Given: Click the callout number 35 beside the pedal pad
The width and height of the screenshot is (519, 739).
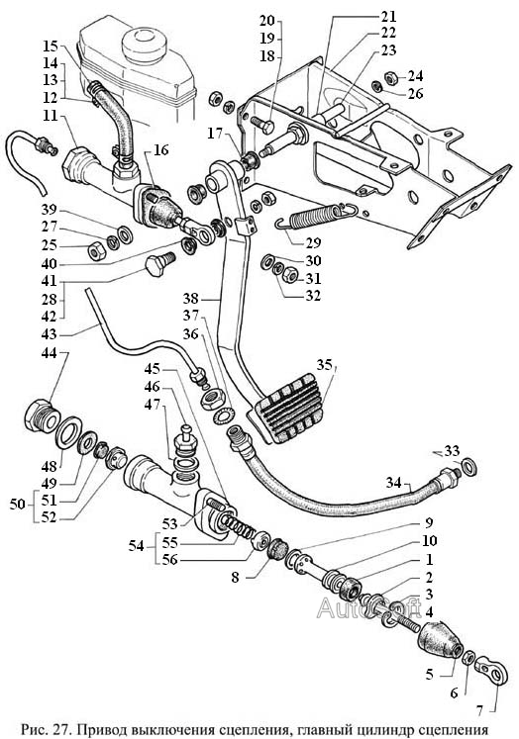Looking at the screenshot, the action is (325, 364).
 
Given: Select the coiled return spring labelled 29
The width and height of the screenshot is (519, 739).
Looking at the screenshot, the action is (317, 216).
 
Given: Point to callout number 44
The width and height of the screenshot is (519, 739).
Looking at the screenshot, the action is (51, 352).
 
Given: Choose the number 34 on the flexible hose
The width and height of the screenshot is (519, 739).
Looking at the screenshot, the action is (393, 483).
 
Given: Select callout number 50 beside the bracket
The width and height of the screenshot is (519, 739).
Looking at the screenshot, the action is (18, 504).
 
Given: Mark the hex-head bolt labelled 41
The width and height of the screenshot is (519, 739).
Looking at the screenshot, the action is (157, 264).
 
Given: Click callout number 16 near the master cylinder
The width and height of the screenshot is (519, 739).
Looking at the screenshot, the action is (160, 149).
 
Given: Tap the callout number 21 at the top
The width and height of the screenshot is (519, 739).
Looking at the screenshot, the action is (388, 17).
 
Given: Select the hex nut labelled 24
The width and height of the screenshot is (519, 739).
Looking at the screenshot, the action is (391, 77).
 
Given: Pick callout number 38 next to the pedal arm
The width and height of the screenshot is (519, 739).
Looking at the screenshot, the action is (191, 299).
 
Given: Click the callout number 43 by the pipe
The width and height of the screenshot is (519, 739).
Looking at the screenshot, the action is (50, 334).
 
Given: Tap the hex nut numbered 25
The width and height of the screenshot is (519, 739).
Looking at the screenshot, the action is (95, 252).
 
